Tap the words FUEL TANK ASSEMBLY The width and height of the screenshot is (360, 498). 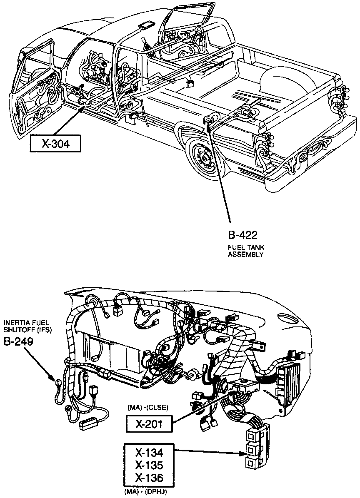point(245,251)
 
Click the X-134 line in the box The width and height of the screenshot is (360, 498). point(149,452)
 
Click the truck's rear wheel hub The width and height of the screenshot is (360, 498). point(205,158)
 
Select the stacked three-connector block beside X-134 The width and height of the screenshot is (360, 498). point(252,448)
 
